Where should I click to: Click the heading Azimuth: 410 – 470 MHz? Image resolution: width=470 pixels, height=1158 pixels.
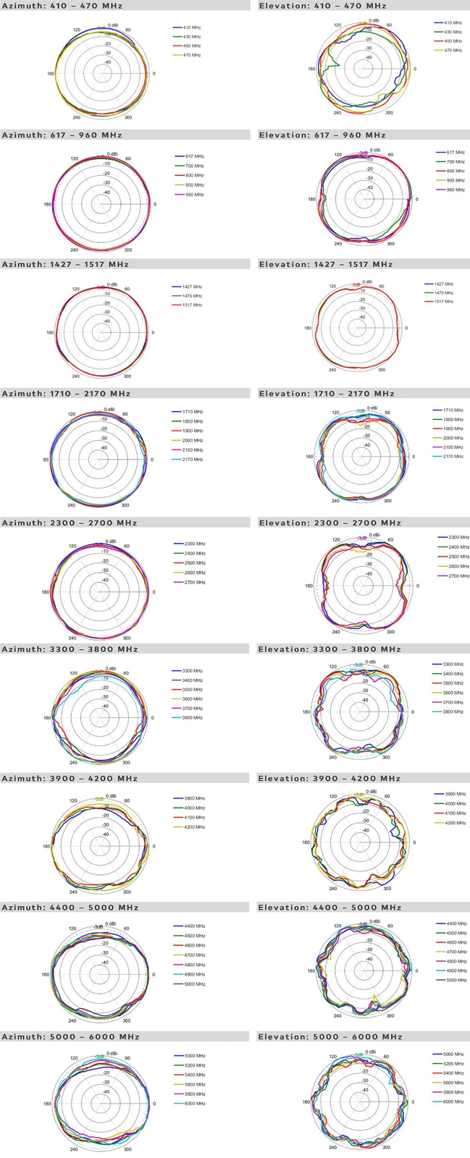click(x=62, y=6)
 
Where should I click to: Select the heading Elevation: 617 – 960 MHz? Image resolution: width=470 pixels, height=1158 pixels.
click(x=322, y=135)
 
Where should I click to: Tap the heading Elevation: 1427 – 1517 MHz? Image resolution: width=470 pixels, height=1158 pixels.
click(x=325, y=264)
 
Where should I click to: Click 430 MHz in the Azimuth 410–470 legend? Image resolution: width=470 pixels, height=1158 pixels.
click(x=192, y=36)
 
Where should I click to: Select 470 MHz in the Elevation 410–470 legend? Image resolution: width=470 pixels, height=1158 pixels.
click(x=453, y=50)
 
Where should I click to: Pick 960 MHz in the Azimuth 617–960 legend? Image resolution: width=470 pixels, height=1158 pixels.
click(x=194, y=195)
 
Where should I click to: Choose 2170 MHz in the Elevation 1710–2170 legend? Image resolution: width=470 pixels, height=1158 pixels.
click(x=453, y=457)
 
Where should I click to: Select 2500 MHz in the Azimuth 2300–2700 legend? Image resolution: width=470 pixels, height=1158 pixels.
click(x=195, y=563)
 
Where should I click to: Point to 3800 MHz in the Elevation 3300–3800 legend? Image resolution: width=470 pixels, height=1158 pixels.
click(x=453, y=711)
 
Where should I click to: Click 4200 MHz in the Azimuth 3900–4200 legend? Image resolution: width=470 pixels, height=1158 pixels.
click(x=195, y=827)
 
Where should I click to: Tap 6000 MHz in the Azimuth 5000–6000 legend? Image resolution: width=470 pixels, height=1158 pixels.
click(x=195, y=1104)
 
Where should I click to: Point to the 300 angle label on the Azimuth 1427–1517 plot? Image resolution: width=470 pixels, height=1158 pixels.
click(x=127, y=376)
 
